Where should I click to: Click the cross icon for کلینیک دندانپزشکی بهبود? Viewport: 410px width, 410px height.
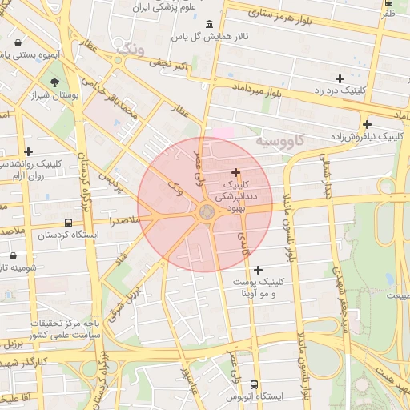coord(235,172)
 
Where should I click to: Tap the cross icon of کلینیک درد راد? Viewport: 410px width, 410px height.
coord(340,78)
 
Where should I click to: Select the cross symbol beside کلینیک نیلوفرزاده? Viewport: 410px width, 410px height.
coord(367,124)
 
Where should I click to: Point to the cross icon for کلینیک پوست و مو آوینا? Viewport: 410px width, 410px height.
coord(258,270)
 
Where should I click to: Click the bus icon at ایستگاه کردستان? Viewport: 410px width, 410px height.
coord(68,223)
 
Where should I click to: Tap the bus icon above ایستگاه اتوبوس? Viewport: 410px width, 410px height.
coord(255,385)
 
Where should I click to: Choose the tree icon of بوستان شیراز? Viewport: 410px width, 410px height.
coord(54,82)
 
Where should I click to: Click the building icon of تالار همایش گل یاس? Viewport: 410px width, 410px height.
coord(209,24)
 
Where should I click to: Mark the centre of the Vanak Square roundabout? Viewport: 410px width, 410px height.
coord(206,211)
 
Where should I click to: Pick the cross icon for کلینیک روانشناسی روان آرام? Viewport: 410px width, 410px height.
coord(29,151)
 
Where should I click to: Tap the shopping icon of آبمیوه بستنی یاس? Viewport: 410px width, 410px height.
coord(18,42)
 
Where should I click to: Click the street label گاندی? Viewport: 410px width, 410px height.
coord(243,243)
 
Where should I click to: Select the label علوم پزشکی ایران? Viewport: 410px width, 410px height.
coord(167,7)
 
